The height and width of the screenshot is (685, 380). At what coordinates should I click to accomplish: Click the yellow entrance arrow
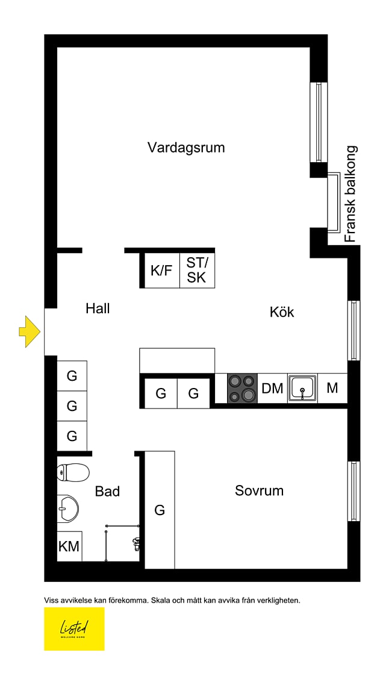tap(30, 331)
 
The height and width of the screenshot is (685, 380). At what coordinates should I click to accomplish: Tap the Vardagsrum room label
tap(186, 147)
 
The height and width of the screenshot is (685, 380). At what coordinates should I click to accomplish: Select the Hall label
tap(98, 309)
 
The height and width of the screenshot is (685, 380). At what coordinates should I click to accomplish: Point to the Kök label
tap(282, 312)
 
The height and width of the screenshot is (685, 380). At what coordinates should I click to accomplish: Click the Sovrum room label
tap(259, 490)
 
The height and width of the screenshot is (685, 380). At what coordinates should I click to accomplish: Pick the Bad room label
tap(107, 492)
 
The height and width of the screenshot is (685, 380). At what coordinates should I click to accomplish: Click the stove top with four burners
tap(243, 389)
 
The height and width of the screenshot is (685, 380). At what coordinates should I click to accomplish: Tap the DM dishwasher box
tap(273, 389)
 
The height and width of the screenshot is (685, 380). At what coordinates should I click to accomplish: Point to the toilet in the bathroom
tap(73, 472)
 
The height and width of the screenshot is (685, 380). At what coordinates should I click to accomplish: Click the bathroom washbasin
tap(68, 509)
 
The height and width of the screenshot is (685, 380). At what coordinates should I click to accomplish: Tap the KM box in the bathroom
tap(69, 546)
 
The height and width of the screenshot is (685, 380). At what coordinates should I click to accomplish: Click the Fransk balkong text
tap(350, 194)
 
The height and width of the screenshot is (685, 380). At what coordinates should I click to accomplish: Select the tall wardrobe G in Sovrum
tap(160, 510)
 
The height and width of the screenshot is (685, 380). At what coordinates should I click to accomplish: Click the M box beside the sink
tap(332, 389)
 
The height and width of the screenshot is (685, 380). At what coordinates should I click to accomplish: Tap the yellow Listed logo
tap(74, 628)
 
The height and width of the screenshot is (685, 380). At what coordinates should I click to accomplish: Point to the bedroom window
tap(354, 492)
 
